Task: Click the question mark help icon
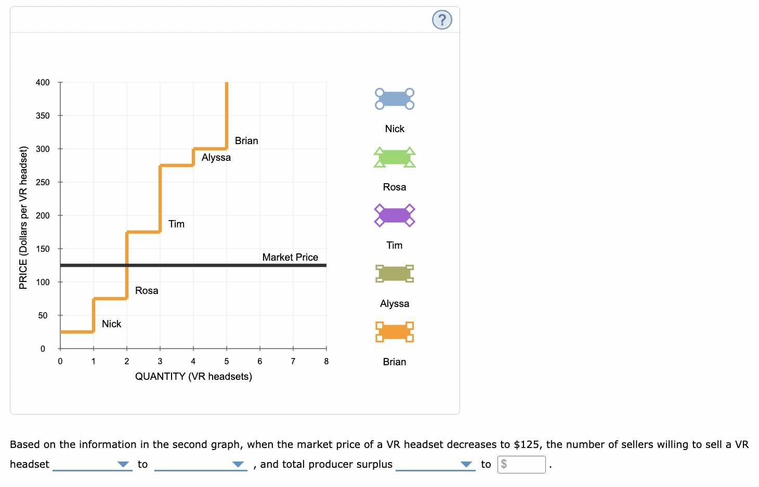(x=442, y=20)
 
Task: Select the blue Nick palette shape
(x=395, y=99)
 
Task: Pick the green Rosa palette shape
(x=395, y=157)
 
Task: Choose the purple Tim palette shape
(x=395, y=215)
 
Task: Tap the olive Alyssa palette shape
(x=395, y=273)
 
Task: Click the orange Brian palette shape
(x=395, y=331)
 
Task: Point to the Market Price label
(x=290, y=257)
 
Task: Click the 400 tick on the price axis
(x=43, y=82)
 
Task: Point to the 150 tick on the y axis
(x=43, y=249)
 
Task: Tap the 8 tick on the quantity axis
(x=326, y=361)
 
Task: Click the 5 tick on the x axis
(x=227, y=361)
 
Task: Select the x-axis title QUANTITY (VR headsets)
(x=193, y=376)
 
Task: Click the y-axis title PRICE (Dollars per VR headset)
(x=23, y=217)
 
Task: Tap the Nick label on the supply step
(x=111, y=324)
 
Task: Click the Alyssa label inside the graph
(x=216, y=157)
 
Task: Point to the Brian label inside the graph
(x=246, y=140)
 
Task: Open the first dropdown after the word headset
(x=92, y=464)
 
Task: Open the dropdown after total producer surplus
(x=435, y=464)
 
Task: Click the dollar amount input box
(x=521, y=464)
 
